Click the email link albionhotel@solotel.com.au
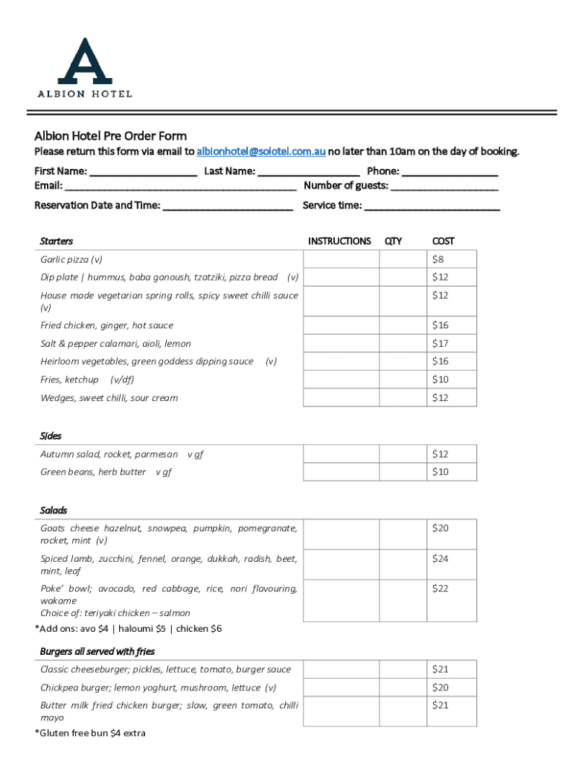[x=260, y=152]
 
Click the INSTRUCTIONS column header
[x=339, y=241]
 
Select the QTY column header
[x=393, y=241]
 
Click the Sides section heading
[x=51, y=436]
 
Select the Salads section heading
[x=54, y=510]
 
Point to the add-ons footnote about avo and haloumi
[x=128, y=629]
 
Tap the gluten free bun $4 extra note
[x=90, y=734]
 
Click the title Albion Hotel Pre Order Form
[x=110, y=136]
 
